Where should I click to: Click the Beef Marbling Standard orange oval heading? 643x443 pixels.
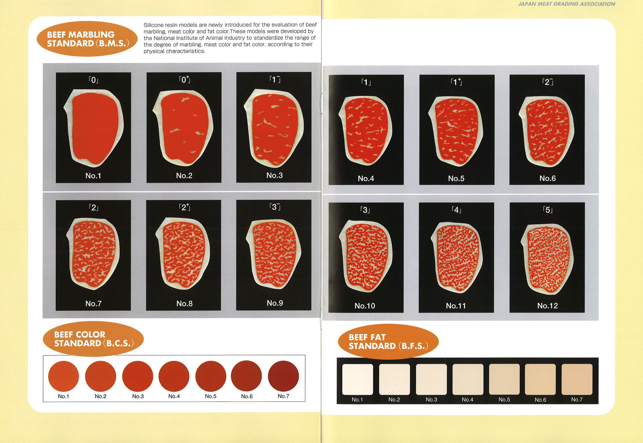point(87,39)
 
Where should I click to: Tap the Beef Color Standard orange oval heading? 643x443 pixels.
point(93,339)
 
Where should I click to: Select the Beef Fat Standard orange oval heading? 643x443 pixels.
point(388,342)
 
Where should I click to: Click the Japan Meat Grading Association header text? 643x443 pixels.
point(566,4)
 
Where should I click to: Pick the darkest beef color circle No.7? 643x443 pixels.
point(283,376)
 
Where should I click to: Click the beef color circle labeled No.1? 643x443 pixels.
point(64,376)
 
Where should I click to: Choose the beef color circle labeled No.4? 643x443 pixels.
point(174,376)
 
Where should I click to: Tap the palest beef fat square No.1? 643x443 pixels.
point(357,379)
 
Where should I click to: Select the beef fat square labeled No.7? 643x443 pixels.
point(577,379)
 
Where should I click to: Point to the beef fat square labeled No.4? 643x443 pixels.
point(468,379)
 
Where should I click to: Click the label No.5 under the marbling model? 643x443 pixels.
point(456,178)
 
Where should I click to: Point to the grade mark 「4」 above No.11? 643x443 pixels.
point(456,210)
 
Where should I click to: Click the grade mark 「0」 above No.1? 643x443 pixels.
point(93,80)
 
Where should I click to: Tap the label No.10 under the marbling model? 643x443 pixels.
point(365,306)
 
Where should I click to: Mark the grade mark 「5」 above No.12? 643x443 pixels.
point(547,210)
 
